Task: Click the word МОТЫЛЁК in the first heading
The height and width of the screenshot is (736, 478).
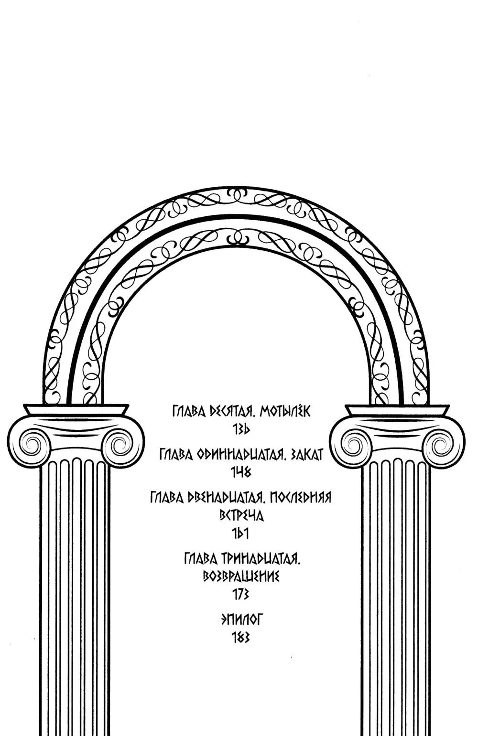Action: click(x=285, y=411)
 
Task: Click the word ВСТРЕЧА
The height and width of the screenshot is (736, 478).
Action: click(x=241, y=516)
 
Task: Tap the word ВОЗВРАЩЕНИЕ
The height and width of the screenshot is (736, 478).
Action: click(x=241, y=576)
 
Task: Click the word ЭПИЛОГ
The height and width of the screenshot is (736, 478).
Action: click(x=241, y=620)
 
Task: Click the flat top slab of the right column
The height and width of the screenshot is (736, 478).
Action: click(x=398, y=410)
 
